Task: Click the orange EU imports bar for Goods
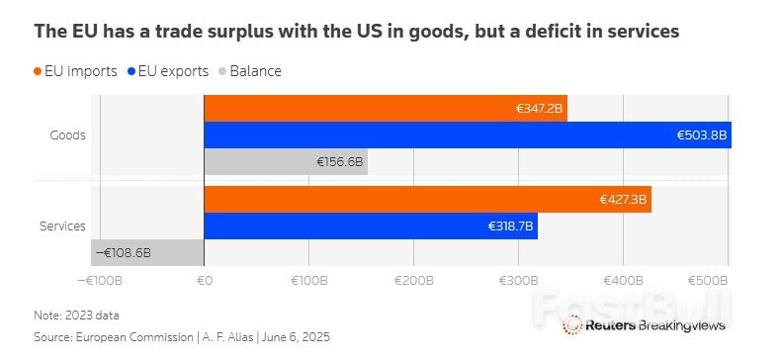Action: [x=385, y=108]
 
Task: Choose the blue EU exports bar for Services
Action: [x=370, y=225]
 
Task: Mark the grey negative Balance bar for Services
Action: [x=147, y=253]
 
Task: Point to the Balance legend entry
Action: [x=254, y=71]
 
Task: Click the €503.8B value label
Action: [x=701, y=135]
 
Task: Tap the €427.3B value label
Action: [x=623, y=199]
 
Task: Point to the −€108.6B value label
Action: [x=124, y=253]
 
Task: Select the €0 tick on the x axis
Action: [x=204, y=281]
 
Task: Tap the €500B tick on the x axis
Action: [x=710, y=281]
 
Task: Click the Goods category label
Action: [x=67, y=135]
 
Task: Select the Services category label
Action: [x=62, y=226]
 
